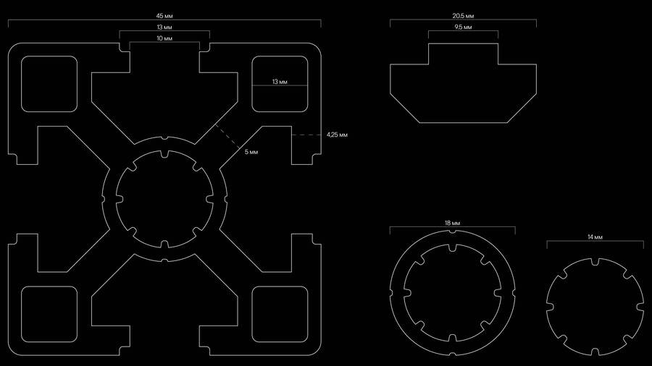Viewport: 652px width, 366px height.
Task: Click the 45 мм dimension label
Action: pos(164,16)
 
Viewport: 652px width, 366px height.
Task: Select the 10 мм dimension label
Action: pos(164,38)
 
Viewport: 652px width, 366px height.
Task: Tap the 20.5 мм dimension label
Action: pos(463,16)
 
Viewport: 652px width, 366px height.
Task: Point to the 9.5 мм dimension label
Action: pos(463,27)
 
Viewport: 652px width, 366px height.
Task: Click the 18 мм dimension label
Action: pos(452,223)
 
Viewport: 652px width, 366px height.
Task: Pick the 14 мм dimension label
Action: pos(595,237)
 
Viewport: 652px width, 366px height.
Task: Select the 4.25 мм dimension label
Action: pos(337,135)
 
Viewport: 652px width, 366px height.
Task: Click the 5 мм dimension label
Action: pos(251,152)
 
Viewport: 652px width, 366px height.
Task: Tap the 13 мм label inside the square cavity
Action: pos(280,82)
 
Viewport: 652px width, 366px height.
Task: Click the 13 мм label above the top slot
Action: pos(164,27)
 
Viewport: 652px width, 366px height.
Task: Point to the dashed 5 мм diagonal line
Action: pos(227,136)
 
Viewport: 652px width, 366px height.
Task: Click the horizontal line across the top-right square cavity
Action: pos(280,85)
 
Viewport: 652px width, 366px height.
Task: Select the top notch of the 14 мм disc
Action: pos(595,261)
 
